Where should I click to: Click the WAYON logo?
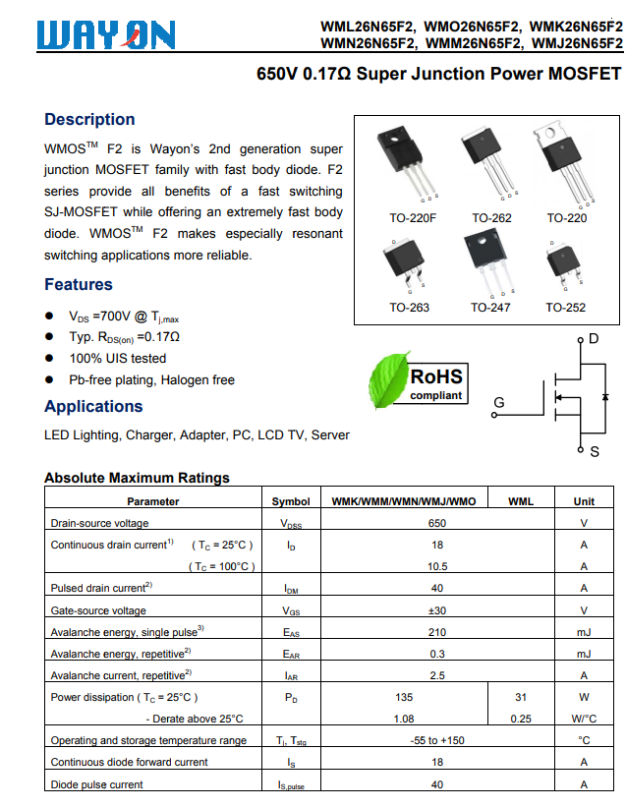click(x=107, y=35)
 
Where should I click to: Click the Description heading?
click(x=89, y=120)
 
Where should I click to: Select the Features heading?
click(x=79, y=285)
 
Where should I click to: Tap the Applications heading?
click(x=93, y=407)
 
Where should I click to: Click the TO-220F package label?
click(x=413, y=218)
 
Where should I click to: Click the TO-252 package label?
click(x=565, y=308)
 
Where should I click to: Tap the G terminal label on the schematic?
click(x=499, y=403)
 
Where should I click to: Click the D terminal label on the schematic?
click(x=593, y=339)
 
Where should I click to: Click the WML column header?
click(x=521, y=501)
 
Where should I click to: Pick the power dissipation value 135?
click(x=403, y=697)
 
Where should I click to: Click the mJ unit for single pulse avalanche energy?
click(x=584, y=632)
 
